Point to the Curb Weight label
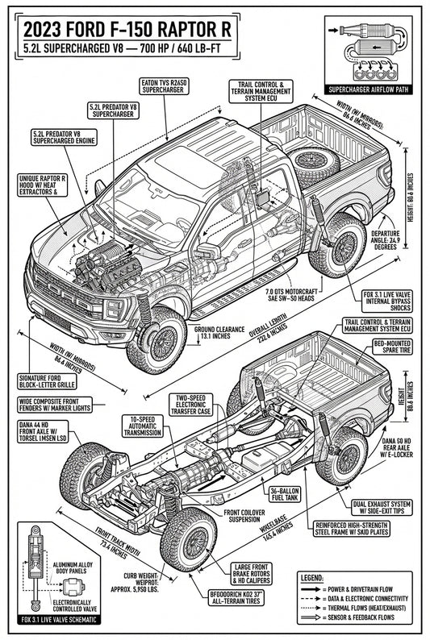point(144,581)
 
